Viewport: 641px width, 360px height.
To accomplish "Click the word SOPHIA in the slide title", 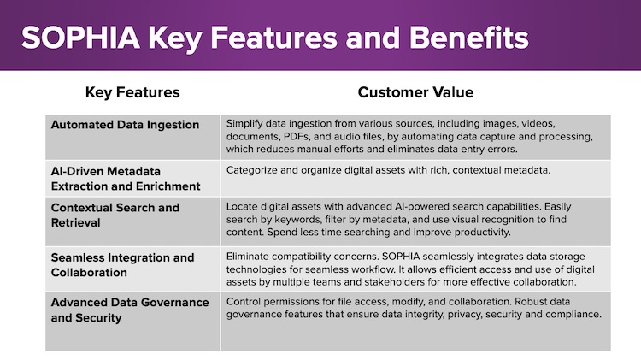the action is (81, 38).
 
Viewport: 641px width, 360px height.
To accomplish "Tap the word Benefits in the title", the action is (469, 38).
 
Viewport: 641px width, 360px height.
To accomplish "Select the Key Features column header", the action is (132, 92).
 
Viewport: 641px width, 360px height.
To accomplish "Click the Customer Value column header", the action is (415, 92).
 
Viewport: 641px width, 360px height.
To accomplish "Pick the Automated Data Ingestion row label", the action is (125, 125).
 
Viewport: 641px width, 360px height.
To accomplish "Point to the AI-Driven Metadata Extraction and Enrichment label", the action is (126, 179).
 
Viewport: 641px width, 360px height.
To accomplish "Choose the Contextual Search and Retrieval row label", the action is (115, 215).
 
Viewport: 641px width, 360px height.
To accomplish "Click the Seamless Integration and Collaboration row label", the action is (122, 265).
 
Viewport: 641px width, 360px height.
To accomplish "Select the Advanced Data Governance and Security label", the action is (130, 310).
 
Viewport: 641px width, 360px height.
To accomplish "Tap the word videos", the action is (538, 123).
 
